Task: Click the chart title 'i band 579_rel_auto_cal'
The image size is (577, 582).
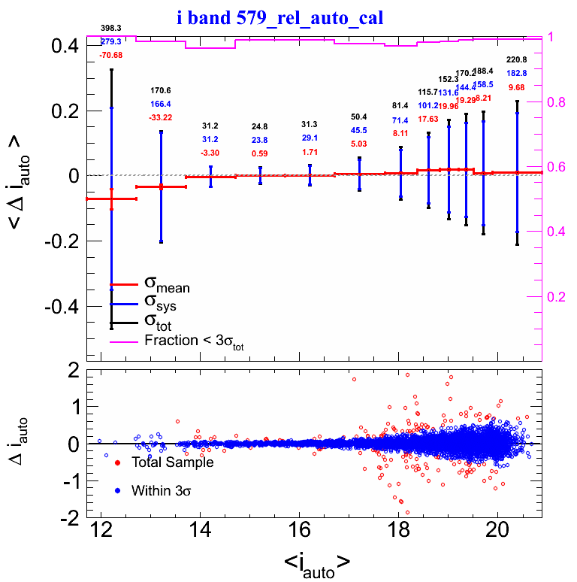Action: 280,17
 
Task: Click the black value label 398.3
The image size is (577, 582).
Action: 111,29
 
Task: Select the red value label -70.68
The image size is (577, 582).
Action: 111,55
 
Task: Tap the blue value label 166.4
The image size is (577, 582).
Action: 161,104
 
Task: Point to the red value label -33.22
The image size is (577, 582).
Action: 161,117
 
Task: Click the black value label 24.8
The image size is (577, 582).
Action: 260,126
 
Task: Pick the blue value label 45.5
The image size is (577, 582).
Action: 359,130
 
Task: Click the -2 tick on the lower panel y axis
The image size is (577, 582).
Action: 69,519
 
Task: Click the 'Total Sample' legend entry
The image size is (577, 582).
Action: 172,462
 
